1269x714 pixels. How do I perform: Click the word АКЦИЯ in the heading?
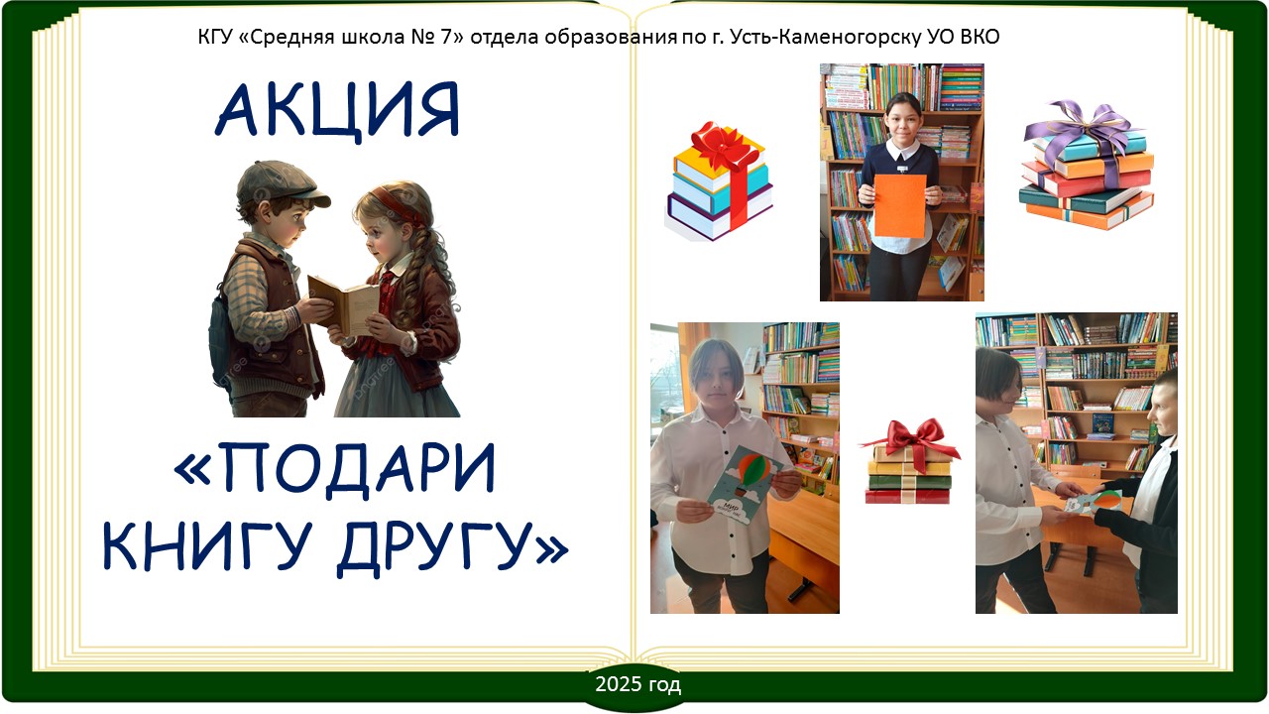(x=337, y=110)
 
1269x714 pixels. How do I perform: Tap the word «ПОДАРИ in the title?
(x=335, y=469)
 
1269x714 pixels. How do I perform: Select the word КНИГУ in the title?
(x=207, y=545)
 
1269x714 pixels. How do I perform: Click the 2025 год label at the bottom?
(x=637, y=684)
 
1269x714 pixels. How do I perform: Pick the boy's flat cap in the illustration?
(x=282, y=183)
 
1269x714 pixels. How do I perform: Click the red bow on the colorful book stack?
(x=725, y=149)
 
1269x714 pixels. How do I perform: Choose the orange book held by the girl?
(x=900, y=205)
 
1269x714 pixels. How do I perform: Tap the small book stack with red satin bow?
(x=909, y=461)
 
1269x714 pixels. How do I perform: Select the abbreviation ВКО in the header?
(x=980, y=37)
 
